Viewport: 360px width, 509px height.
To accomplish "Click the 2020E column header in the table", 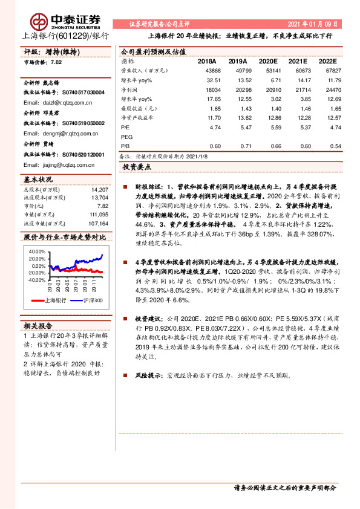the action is [268, 61].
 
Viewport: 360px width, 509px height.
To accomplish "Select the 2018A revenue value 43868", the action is [211, 71].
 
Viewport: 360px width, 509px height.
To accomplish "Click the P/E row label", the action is [125, 128].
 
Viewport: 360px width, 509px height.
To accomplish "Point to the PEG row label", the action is [127, 137].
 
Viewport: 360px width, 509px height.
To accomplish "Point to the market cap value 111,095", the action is [97, 214].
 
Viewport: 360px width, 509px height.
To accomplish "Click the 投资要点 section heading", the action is [137, 166].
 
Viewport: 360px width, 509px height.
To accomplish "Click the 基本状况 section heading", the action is [38, 180].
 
